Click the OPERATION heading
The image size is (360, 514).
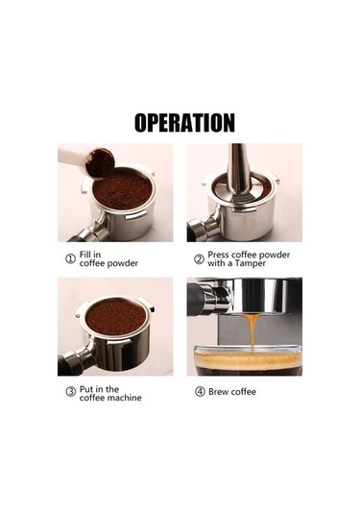coord(184,123)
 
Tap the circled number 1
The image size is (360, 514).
coord(70,258)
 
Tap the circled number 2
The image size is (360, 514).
coord(199,258)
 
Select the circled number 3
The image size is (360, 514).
coord(70,392)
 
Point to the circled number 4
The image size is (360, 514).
coord(200,392)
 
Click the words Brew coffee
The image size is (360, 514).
coord(233,392)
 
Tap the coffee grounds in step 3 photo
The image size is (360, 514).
coord(116,315)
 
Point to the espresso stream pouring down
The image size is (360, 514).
coord(252,331)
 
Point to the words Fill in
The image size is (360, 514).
coord(93,254)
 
